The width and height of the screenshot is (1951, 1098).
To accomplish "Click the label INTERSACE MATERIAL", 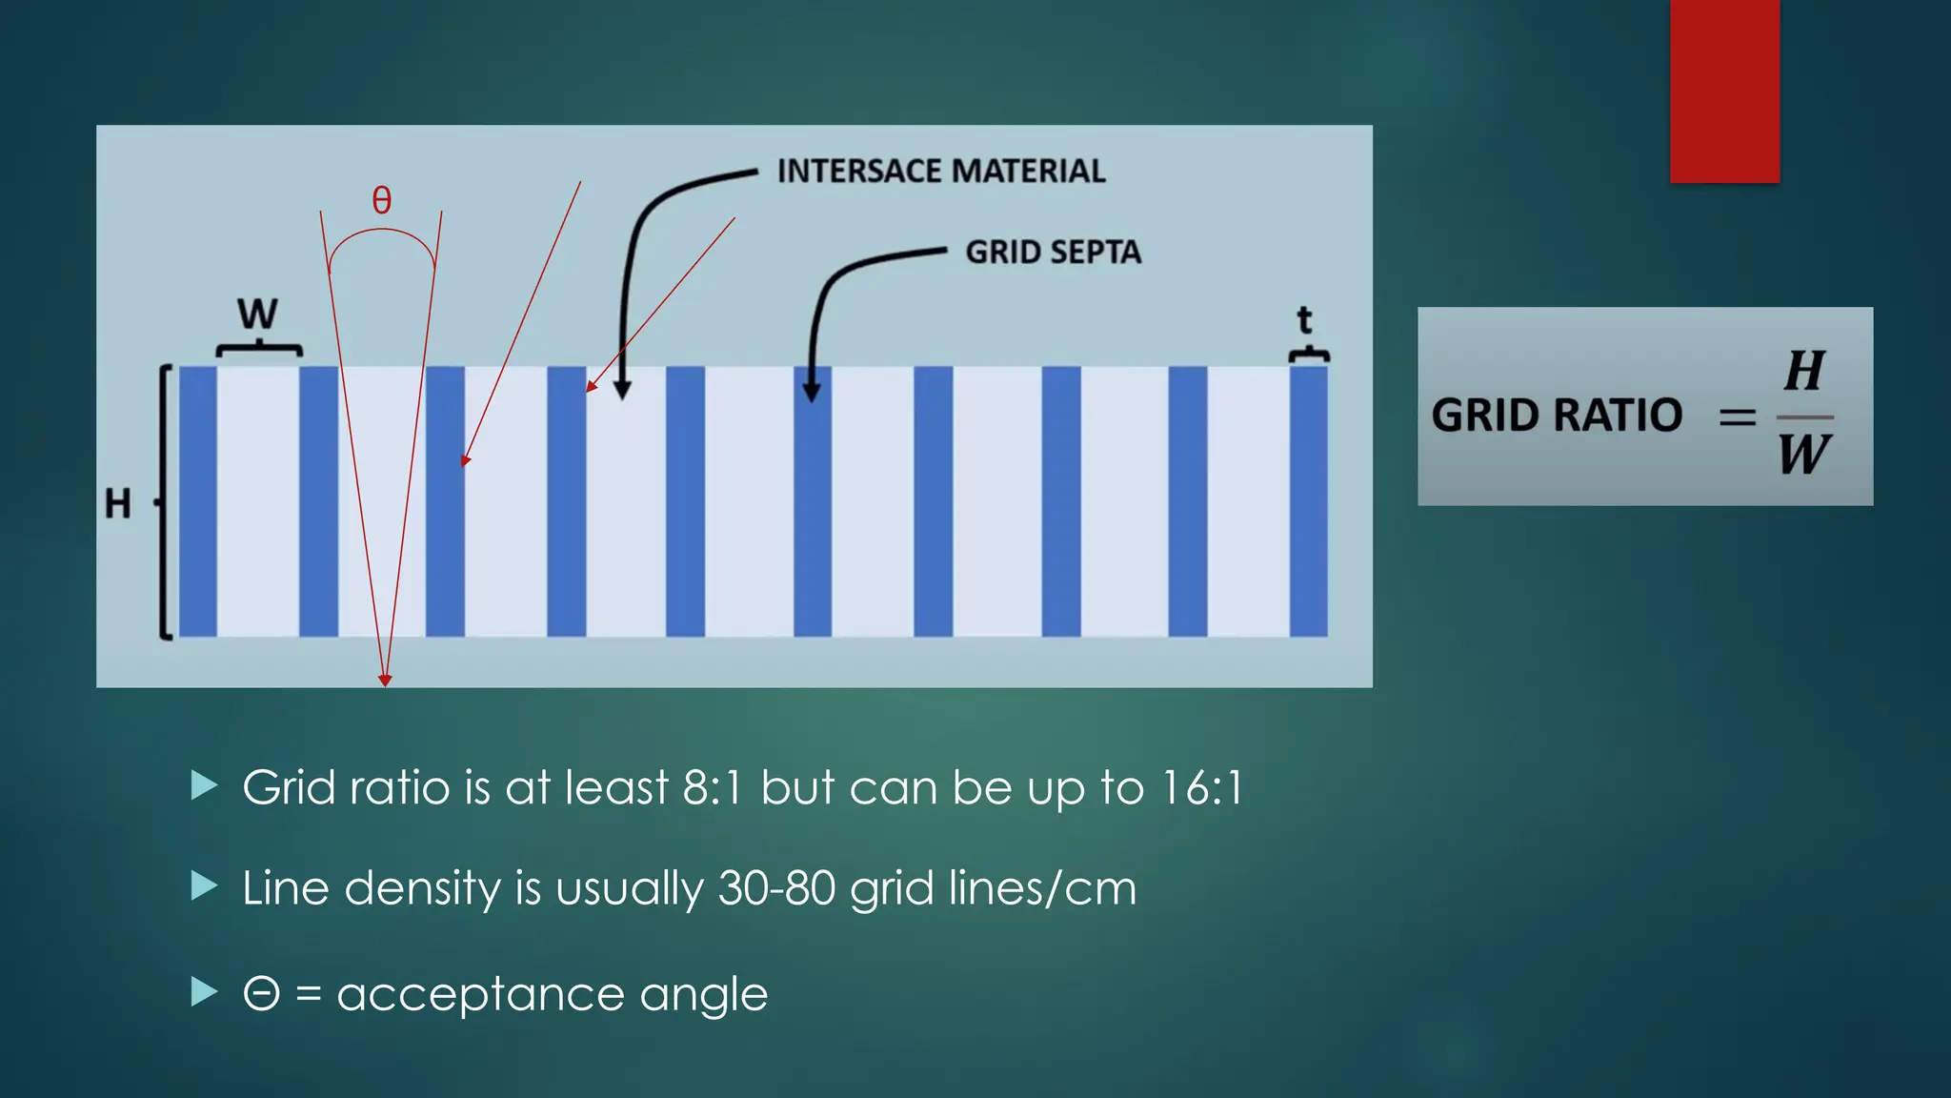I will (941, 172).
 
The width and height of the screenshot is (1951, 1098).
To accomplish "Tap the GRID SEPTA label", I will (1053, 253).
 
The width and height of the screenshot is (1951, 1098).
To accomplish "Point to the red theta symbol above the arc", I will (381, 200).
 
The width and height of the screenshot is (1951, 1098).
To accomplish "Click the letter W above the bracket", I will (257, 314).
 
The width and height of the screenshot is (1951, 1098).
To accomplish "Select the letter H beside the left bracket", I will (118, 503).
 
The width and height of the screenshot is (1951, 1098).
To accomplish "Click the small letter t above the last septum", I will (1305, 319).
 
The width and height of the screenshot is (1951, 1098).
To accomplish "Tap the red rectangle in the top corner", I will (1724, 91).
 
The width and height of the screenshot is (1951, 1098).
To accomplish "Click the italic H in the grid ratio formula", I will (1804, 372).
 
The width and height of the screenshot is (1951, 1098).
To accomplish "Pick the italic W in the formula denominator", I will (1803, 455).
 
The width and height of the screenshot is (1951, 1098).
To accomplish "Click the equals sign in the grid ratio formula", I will (1737, 417).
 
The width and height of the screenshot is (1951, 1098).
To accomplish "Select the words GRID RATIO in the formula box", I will (1557, 416).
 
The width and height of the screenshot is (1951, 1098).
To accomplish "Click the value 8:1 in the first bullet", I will (712, 788).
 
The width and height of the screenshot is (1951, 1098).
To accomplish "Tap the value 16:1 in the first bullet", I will (1202, 788).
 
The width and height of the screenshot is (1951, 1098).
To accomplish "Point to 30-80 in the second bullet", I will (776, 888).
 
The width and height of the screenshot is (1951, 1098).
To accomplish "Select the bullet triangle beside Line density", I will (204, 886).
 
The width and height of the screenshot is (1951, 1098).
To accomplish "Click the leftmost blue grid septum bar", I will (198, 501).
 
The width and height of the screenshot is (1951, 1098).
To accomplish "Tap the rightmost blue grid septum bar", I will (1308, 501).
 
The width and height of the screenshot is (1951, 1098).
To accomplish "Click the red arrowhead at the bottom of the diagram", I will (385, 680).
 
